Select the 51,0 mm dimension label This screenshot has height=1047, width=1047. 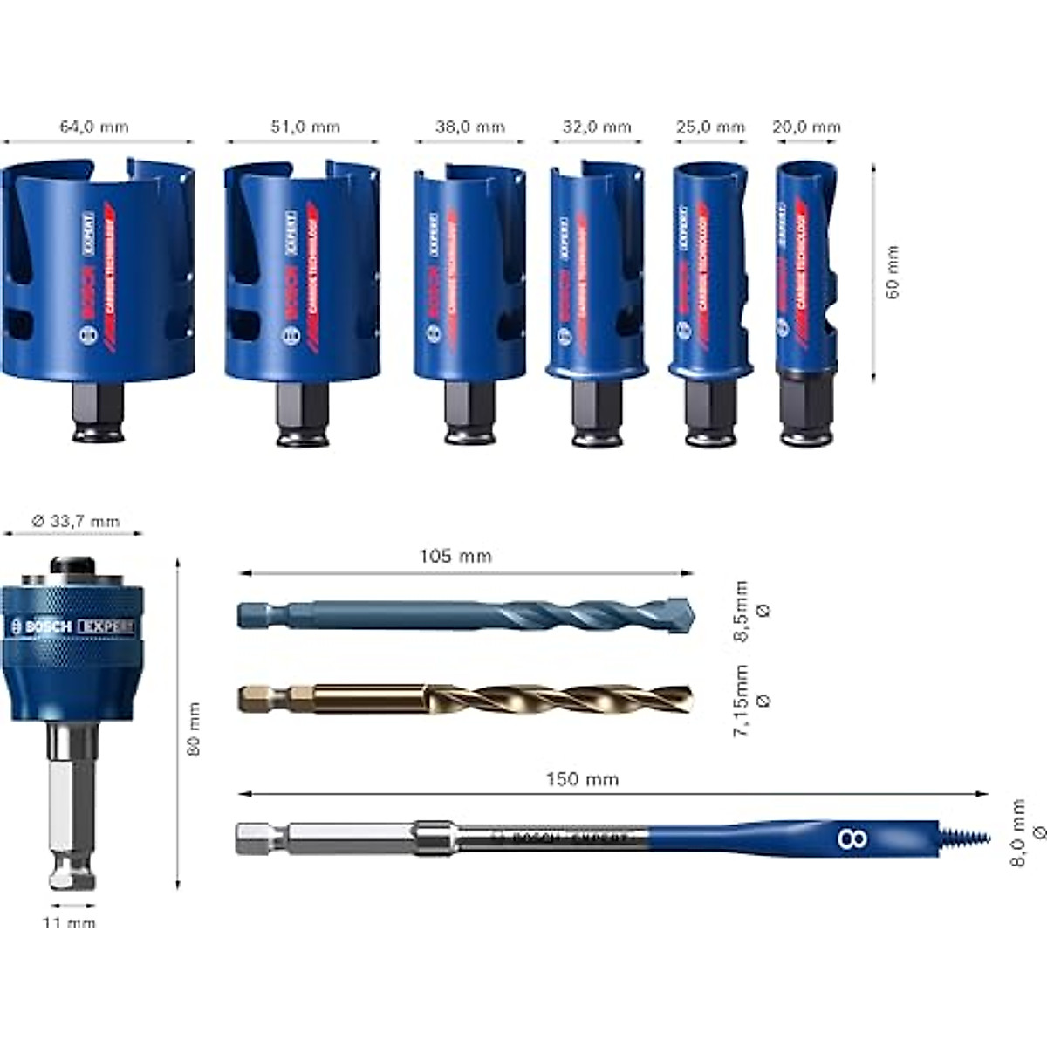(x=302, y=127)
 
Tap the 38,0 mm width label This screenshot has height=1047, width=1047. (x=470, y=127)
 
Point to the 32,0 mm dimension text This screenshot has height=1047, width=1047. (x=597, y=127)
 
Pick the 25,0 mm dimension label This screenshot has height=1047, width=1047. (x=710, y=127)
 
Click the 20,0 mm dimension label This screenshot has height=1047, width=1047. (x=806, y=127)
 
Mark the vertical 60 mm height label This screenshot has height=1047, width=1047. (x=892, y=272)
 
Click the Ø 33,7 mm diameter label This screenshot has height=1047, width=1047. (x=75, y=522)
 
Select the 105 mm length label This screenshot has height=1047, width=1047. (x=455, y=556)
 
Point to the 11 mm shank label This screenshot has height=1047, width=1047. (x=70, y=923)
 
